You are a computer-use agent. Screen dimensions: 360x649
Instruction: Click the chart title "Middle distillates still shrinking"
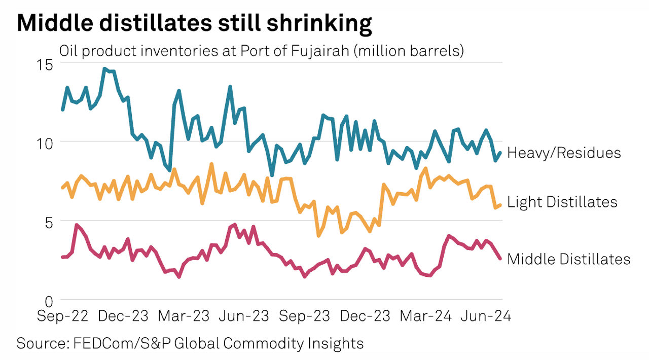[x=194, y=24]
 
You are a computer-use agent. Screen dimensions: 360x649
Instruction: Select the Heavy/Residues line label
[x=564, y=153]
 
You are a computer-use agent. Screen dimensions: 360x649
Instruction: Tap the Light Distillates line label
[x=562, y=202]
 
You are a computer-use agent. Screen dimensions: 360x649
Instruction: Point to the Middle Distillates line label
[x=568, y=259]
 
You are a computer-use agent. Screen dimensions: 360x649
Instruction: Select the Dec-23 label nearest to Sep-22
[x=123, y=316]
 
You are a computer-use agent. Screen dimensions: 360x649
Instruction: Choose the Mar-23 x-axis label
[x=184, y=316]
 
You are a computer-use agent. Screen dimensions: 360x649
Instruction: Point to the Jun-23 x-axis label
[x=244, y=316]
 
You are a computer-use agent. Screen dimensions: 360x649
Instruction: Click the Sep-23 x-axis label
[x=304, y=316]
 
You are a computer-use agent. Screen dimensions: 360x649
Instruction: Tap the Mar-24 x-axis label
[x=425, y=316]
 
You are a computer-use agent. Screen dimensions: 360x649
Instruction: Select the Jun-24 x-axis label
[x=485, y=316]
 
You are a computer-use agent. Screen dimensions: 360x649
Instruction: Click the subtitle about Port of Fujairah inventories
[x=262, y=51]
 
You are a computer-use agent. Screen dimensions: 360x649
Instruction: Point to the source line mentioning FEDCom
[x=190, y=343]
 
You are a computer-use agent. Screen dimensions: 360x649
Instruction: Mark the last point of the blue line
[x=501, y=152]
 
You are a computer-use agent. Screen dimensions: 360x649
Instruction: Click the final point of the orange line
[x=501, y=205]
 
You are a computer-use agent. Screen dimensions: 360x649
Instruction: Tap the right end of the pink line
[x=501, y=259]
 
